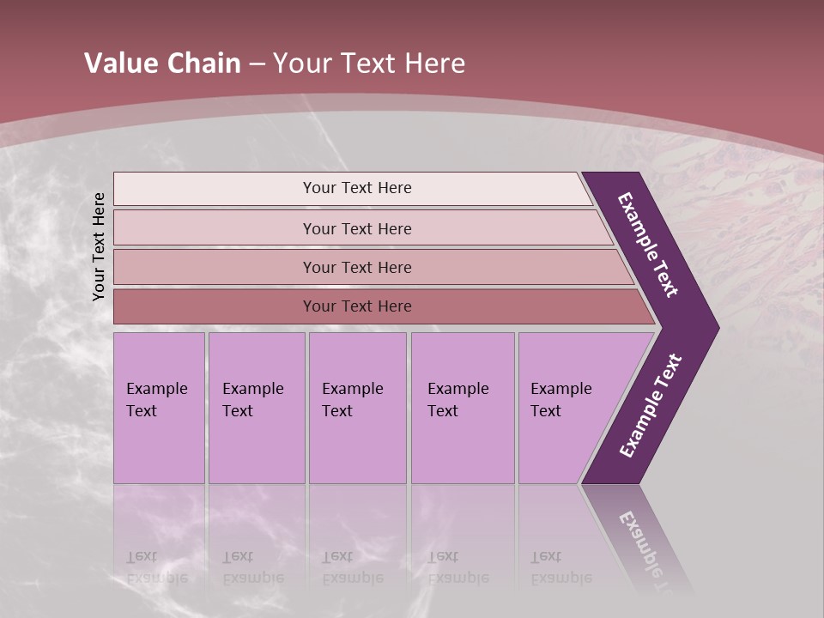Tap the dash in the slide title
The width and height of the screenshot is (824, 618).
257,64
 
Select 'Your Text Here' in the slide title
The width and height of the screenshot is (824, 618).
369,64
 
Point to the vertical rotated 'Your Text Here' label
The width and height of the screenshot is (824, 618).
99,246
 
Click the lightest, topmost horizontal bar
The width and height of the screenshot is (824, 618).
356,188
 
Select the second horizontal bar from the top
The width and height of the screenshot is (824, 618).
356,228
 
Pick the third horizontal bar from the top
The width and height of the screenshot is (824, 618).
356,267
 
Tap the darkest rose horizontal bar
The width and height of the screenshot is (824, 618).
356,306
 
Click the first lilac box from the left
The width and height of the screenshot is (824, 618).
159,408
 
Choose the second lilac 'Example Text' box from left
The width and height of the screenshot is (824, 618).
256,408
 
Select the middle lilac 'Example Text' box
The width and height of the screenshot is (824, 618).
357,408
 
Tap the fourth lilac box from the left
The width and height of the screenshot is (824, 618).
462,408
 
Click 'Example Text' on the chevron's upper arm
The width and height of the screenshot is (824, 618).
647,245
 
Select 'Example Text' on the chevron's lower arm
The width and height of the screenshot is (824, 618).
650,406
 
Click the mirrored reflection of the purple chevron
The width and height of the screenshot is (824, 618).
639,536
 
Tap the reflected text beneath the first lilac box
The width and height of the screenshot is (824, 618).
157,567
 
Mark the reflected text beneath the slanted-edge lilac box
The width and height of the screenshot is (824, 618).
560,567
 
